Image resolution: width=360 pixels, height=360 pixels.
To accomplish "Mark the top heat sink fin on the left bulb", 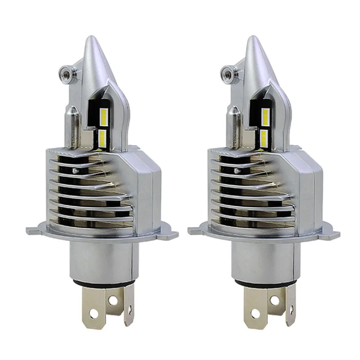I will (76, 155).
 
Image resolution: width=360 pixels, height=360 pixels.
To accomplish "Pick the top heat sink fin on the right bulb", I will (241, 155).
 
